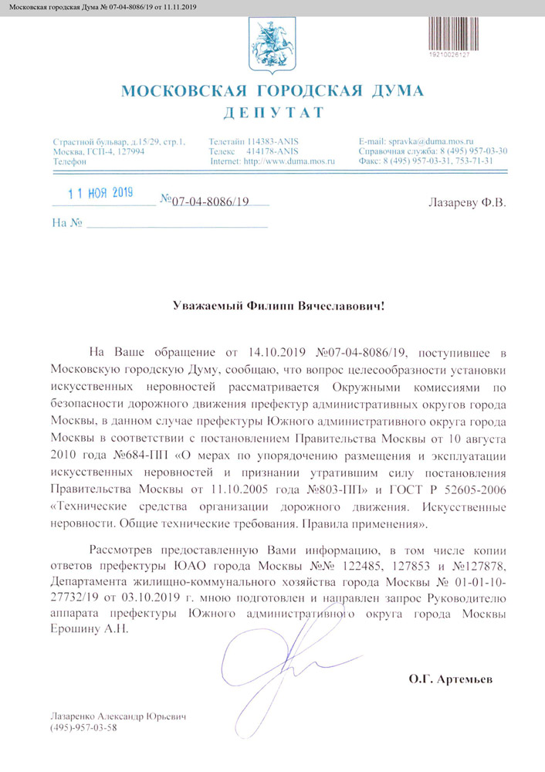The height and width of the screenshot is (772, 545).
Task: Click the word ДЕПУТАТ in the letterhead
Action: pos(273,113)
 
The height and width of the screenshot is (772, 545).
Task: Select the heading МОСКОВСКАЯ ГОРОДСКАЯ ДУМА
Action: pos(272,92)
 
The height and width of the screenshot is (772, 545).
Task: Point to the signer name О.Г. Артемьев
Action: pos(450,681)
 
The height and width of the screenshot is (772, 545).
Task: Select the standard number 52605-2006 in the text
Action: pos(472,494)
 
